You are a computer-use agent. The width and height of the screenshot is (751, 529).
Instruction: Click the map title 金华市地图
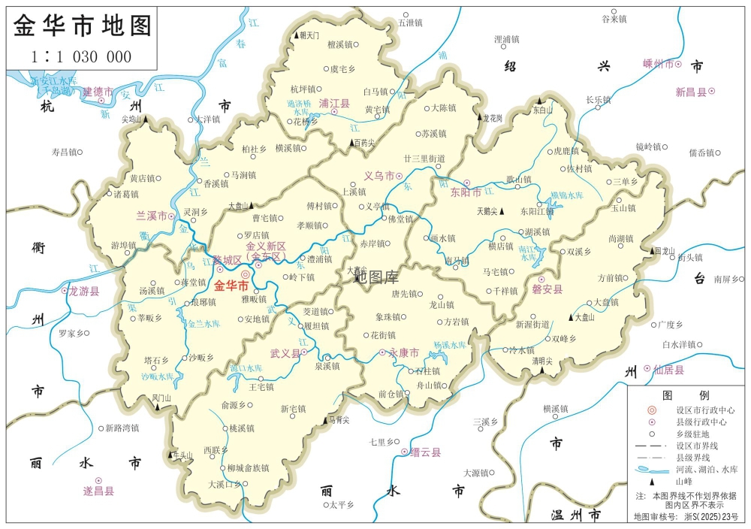pos(83,25)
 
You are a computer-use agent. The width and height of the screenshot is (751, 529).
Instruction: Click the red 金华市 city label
pos(231,286)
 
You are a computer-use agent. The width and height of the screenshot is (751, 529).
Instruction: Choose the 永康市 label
pos(403,352)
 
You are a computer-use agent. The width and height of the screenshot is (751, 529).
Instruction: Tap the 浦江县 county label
pos(334,102)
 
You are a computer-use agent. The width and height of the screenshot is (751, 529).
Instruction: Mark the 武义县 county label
pos(285,352)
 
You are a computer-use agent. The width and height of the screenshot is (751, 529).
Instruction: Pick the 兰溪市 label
pos(151,216)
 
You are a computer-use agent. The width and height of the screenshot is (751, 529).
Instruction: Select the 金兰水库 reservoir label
pos(204,324)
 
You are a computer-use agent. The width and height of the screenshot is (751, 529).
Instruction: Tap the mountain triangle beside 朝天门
pos(296,35)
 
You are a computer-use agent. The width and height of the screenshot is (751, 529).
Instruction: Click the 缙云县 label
pos(425,452)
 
